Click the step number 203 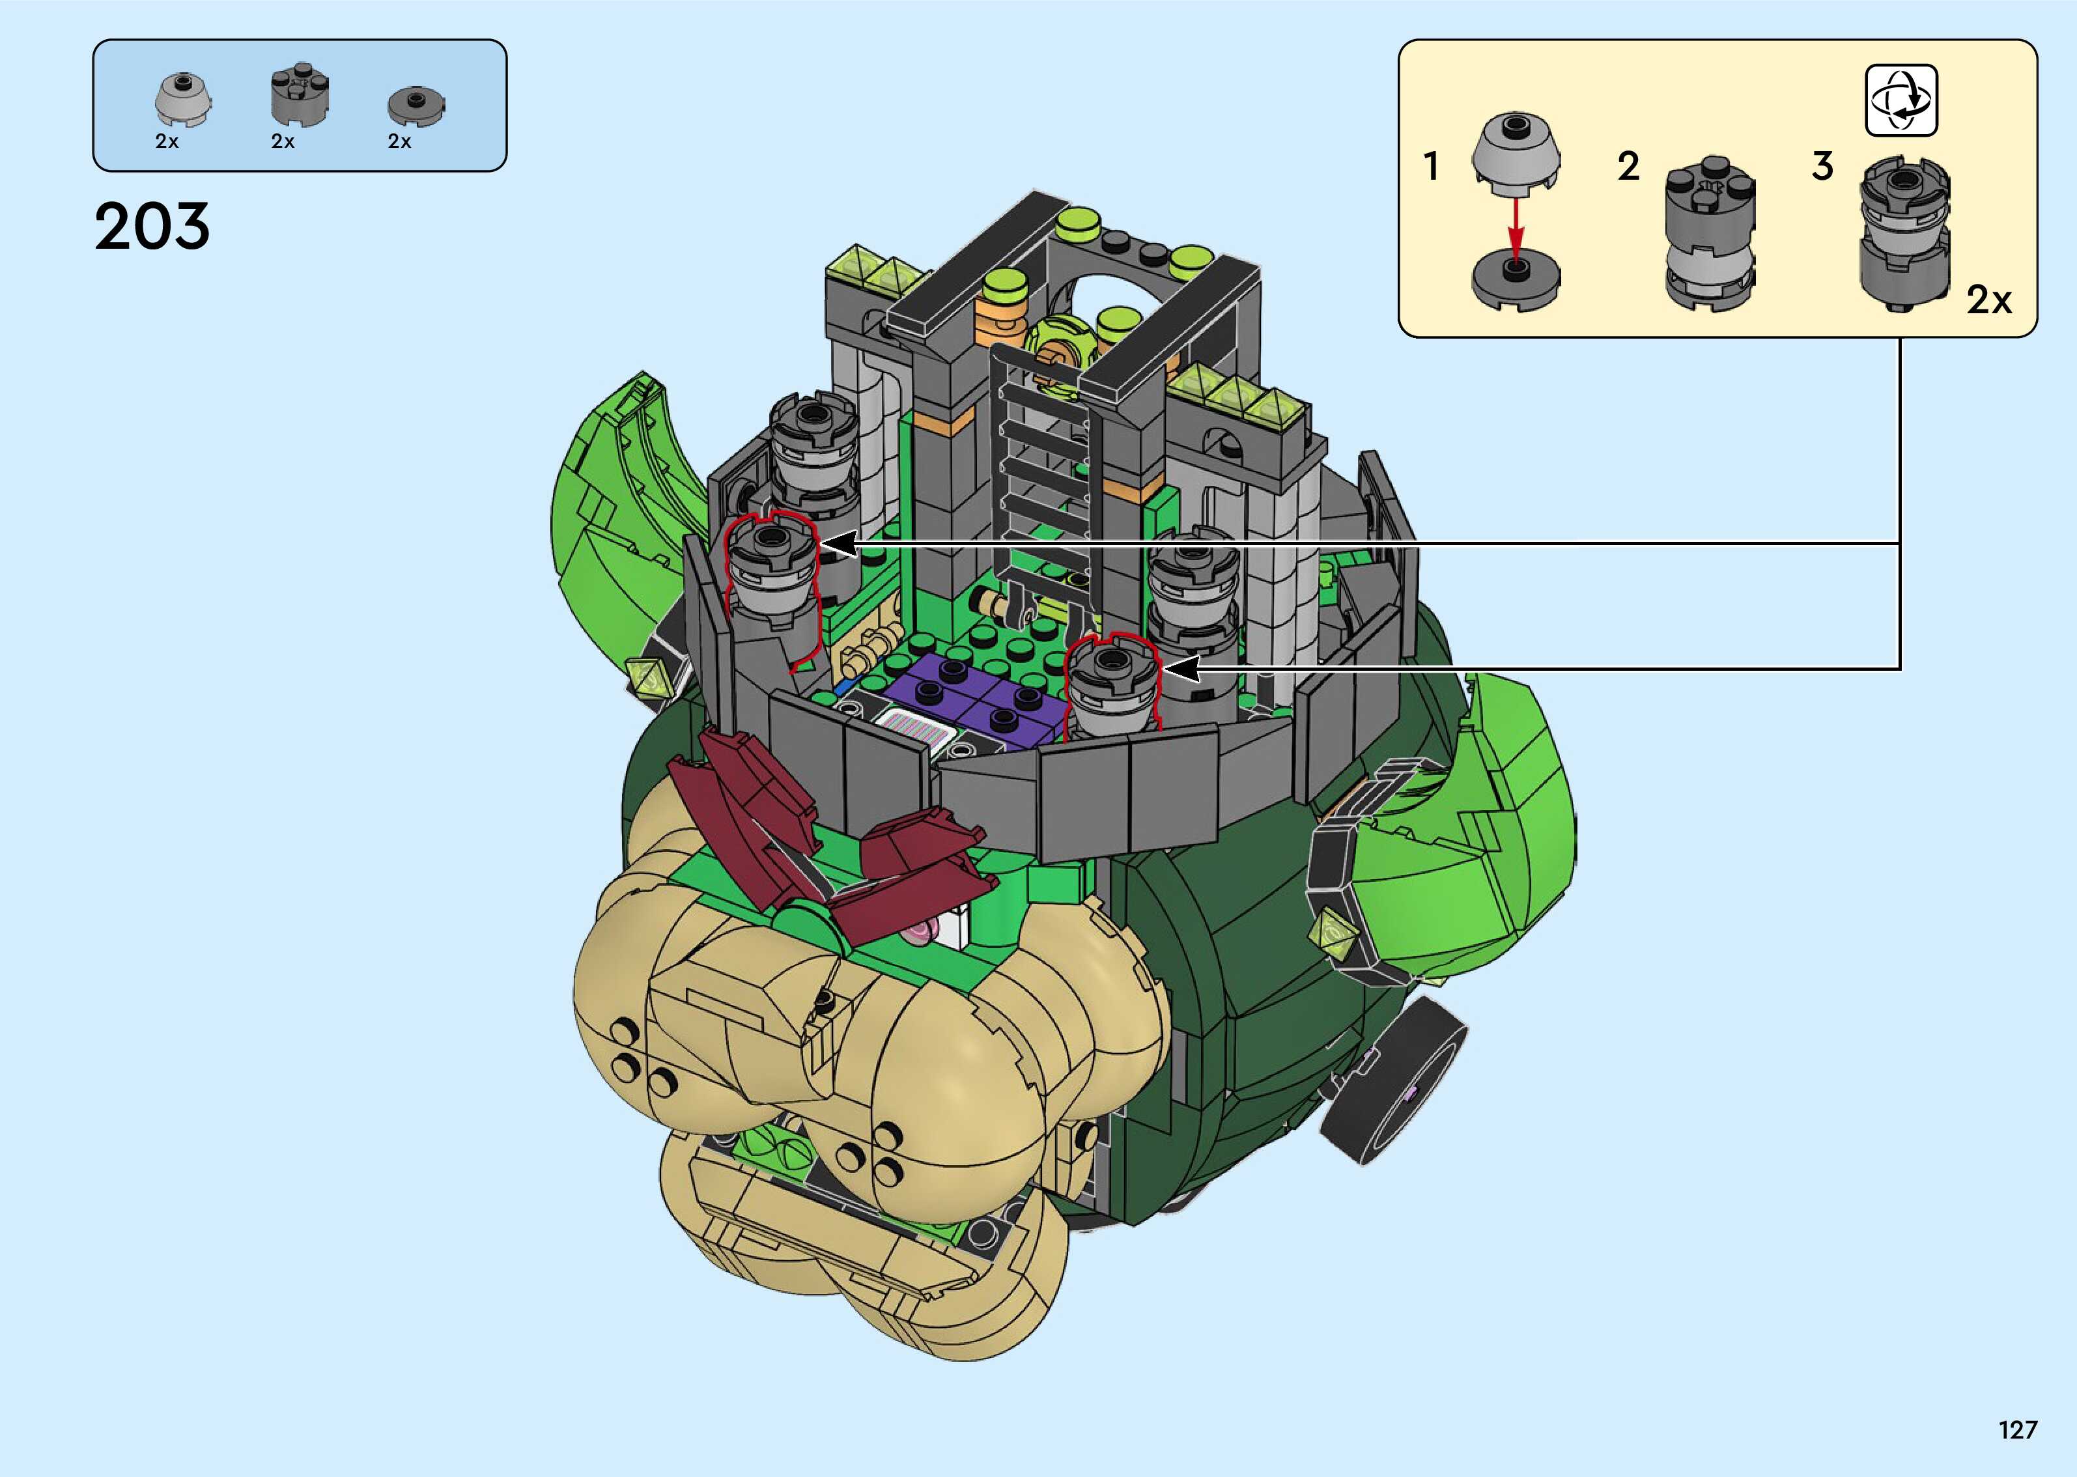(x=152, y=227)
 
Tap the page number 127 (x=2018, y=1429)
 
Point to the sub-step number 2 (x=1628, y=167)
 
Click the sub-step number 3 (x=1822, y=167)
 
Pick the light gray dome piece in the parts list (x=184, y=100)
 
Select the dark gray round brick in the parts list (x=299, y=96)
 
